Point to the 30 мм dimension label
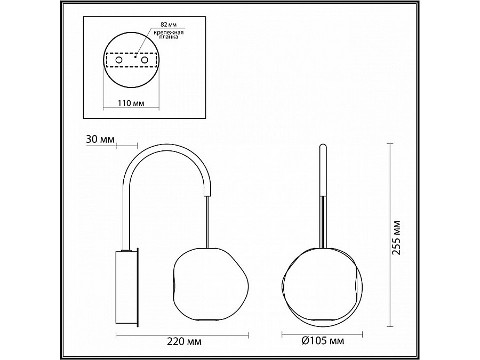100,140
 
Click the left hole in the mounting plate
119,61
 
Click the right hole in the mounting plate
144,61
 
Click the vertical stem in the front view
323,171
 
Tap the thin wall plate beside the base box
138,288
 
